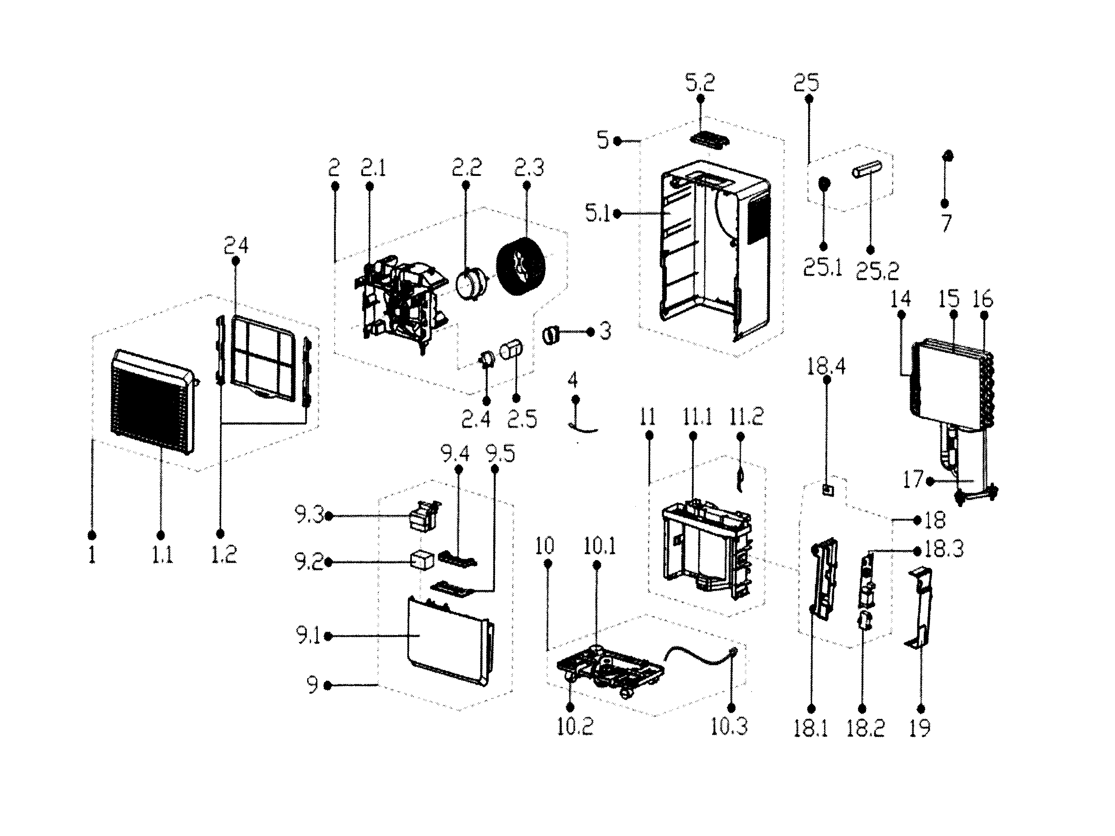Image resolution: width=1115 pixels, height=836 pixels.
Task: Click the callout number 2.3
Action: click(x=529, y=167)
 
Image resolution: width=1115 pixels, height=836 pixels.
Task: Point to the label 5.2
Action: click(x=700, y=82)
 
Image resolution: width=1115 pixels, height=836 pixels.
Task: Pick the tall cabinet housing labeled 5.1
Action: click(x=716, y=252)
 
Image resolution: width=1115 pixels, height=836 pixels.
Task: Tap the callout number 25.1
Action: click(x=823, y=269)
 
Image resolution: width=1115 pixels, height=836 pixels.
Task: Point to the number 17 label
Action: click(x=913, y=479)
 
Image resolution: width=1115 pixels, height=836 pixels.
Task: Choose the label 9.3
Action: click(x=308, y=516)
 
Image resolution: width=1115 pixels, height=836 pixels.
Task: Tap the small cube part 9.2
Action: click(x=422, y=560)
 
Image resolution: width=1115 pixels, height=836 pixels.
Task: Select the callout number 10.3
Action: click(x=729, y=726)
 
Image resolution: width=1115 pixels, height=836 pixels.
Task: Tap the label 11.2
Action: click(x=746, y=416)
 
